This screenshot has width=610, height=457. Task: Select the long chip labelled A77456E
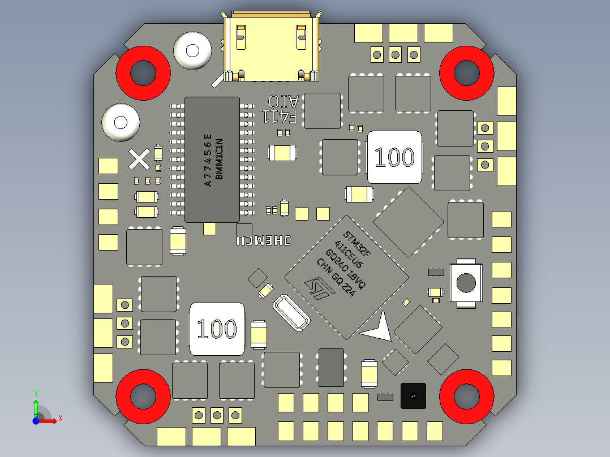point(213,159)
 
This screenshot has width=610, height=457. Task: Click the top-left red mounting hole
point(143,73)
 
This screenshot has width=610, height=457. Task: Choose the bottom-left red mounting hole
point(143,396)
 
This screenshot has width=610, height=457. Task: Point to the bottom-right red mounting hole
point(466,396)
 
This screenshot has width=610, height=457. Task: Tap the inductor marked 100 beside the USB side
point(394,157)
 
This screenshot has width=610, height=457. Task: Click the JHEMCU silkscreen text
point(264,240)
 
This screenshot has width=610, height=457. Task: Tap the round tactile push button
point(466,283)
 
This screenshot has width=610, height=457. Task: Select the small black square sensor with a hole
point(413,395)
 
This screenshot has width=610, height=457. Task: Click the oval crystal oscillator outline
point(292,313)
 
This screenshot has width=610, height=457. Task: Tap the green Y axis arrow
point(36,406)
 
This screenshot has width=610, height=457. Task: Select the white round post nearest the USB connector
point(192,51)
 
